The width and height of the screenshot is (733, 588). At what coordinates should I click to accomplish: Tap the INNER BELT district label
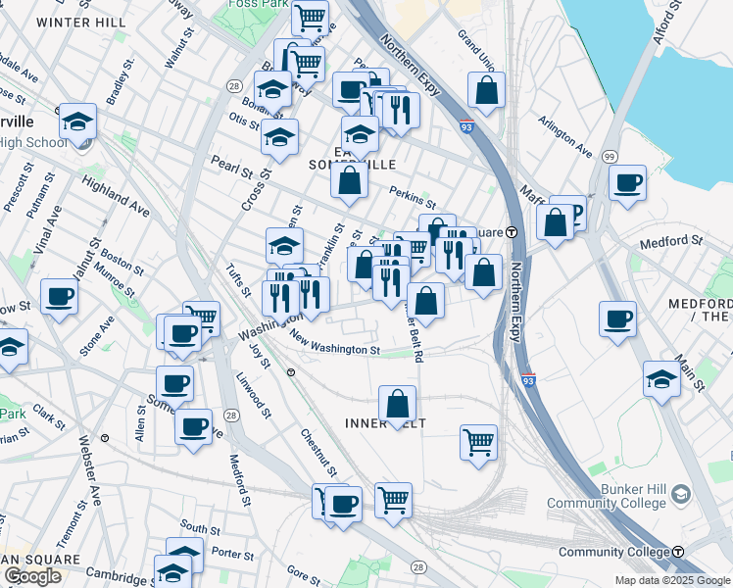(397, 423)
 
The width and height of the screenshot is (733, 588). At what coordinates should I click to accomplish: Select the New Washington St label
(335, 343)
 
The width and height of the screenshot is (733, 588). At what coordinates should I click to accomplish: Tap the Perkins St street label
(412, 197)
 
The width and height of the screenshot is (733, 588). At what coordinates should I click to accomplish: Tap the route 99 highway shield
(610, 157)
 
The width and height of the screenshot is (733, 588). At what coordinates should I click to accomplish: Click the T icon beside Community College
(678, 553)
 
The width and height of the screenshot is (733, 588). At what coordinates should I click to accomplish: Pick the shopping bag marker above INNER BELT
(397, 403)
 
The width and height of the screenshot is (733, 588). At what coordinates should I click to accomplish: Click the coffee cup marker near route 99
(627, 182)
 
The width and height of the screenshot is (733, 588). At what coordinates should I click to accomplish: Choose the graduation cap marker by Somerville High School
(77, 122)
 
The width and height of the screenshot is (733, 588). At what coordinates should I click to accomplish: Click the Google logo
(32, 576)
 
